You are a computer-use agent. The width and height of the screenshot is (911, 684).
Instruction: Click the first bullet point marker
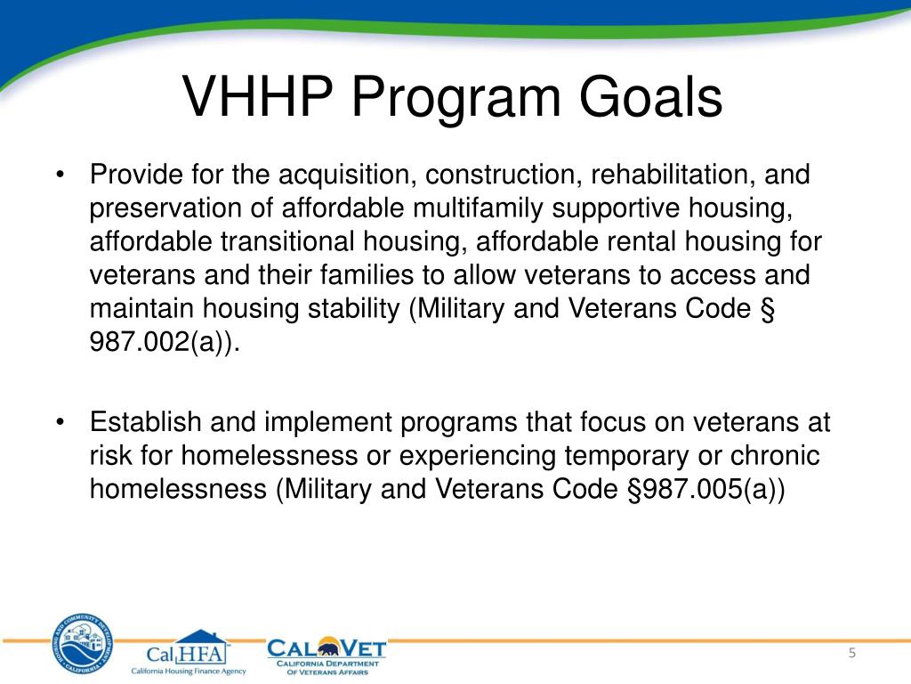60,175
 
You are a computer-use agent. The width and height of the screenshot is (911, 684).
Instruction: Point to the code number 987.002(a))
165,342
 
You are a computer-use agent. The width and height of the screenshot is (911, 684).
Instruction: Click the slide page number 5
851,654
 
